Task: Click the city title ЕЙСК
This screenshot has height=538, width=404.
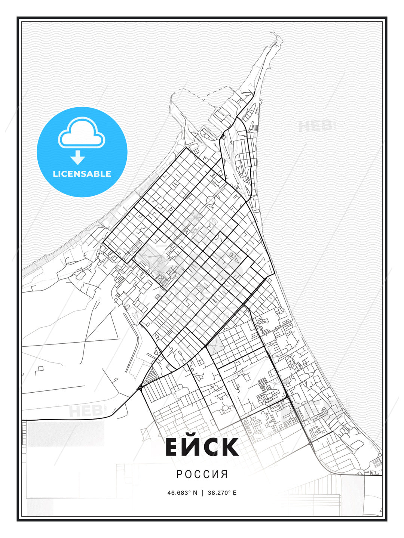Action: (x=202, y=447)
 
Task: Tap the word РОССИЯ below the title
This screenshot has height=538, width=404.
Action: (x=202, y=474)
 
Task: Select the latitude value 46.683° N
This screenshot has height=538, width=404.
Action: (x=182, y=493)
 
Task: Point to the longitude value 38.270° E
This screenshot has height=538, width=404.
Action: (x=223, y=493)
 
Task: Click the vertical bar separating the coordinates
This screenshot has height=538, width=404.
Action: (x=202, y=493)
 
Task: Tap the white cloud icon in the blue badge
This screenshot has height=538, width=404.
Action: (x=82, y=133)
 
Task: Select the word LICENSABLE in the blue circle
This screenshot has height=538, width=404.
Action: (x=82, y=174)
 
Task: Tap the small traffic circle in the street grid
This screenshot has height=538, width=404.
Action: (x=211, y=201)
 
